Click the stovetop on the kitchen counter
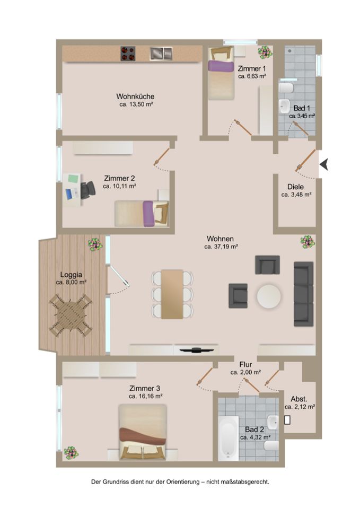point(128,54)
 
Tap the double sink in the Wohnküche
point(161,54)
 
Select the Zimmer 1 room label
point(252,68)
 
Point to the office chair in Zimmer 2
point(87,190)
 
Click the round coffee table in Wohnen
point(269,296)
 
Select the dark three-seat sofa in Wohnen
point(303,294)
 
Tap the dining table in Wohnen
point(172,294)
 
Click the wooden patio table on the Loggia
point(71,316)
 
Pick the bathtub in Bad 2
point(228,438)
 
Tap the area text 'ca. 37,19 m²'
point(222,247)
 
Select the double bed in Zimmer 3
point(143,432)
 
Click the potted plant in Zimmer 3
point(71,452)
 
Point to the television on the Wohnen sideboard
point(197,349)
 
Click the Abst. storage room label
point(298,399)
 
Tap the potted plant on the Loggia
point(95,244)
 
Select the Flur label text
point(245,365)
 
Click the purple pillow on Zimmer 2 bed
point(148,213)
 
